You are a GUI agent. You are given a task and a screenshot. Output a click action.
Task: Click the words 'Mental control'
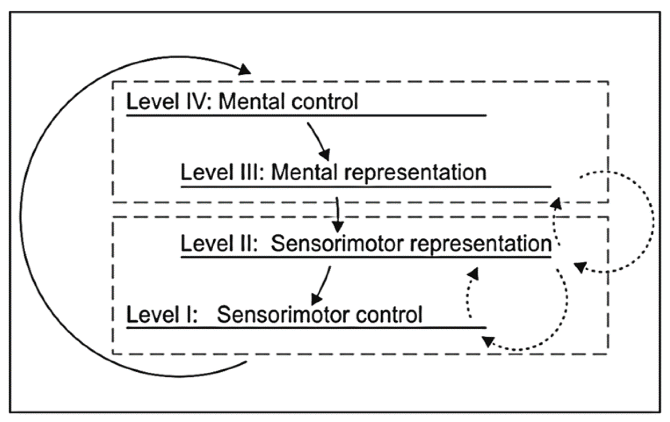point(288,102)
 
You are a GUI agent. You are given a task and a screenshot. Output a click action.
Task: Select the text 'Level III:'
point(222,172)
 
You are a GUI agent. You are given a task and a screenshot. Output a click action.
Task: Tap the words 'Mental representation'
point(378,172)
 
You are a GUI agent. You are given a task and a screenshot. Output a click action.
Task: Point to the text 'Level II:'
point(219,243)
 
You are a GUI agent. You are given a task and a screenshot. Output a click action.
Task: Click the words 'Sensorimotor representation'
point(411,243)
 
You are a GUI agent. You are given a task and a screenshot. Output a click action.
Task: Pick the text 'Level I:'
point(162,315)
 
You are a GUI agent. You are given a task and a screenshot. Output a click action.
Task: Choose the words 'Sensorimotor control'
point(319,315)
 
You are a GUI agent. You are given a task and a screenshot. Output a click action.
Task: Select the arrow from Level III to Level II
point(337,215)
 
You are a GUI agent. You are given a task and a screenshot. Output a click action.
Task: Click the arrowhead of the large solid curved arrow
point(245,69)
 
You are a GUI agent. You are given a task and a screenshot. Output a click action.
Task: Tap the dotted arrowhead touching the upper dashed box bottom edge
point(556,203)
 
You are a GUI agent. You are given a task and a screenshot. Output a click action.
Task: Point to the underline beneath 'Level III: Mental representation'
point(366,187)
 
